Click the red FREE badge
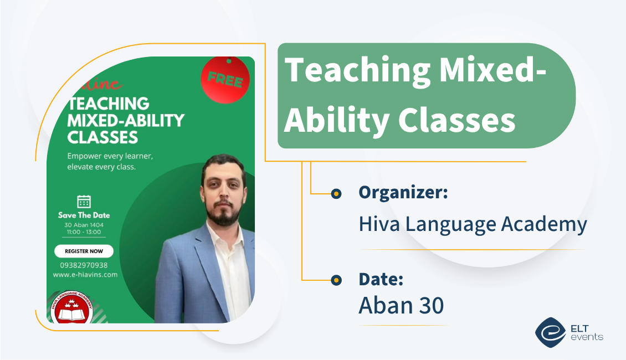[225, 81]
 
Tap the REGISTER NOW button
[84, 251]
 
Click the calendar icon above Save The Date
[84, 201]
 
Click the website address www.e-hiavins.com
[85, 274]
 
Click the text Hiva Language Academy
[473, 224]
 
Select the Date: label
[381, 279]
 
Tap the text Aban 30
[401, 305]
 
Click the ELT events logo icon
[550, 332]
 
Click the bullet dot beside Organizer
[336, 194]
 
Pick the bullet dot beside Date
[336, 281]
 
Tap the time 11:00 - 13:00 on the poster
[84, 233]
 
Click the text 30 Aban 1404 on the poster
[84, 225]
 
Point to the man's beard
[225, 214]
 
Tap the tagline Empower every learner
[110, 156]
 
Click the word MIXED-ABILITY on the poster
[126, 120]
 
